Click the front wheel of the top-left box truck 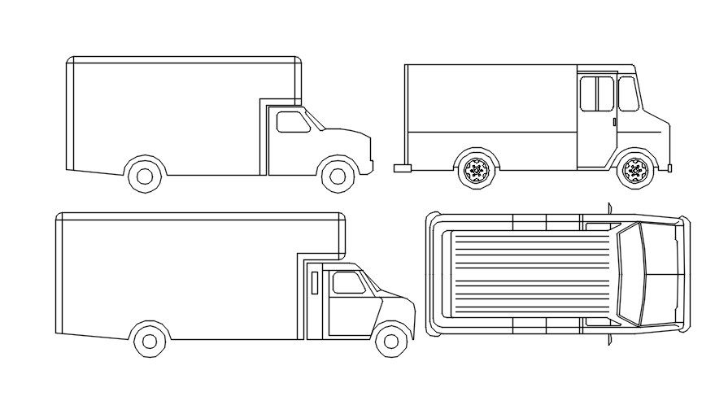point(337,175)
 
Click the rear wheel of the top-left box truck point(144,175)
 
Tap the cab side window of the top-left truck point(293,122)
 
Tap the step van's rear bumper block point(402,168)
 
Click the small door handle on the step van point(613,122)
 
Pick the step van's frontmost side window point(628,94)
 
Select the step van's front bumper point(668,168)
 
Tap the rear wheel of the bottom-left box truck point(150,340)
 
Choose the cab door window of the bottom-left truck point(348,283)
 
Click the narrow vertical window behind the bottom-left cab point(314,282)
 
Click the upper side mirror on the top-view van point(608,207)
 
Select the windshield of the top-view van point(630,274)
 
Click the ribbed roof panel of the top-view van point(529,273)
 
